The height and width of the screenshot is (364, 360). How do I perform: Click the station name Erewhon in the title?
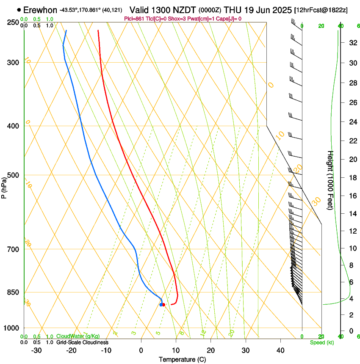[x=40, y=10]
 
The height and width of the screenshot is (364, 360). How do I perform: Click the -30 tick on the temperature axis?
[x=36, y=350]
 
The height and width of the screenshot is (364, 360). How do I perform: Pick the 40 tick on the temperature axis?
[x=280, y=350]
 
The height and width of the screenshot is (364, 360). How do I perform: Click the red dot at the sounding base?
[x=163, y=305]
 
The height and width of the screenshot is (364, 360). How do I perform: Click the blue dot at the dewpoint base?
[x=161, y=305]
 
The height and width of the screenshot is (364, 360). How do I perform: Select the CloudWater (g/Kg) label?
[x=78, y=336]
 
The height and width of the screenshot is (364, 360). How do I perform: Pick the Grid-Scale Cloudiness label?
[x=82, y=342]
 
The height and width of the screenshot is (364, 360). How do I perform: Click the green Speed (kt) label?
[x=321, y=342]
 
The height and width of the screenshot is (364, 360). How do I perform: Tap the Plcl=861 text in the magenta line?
[x=135, y=19]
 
